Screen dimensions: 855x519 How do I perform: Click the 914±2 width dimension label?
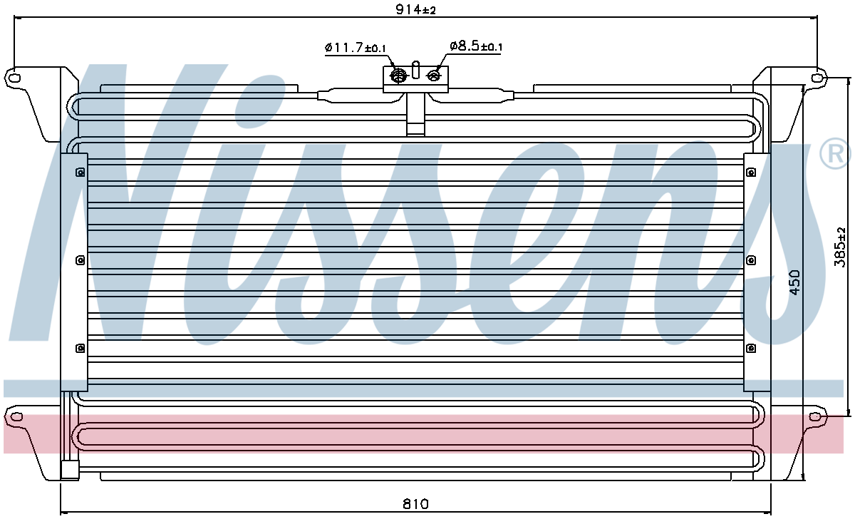415,9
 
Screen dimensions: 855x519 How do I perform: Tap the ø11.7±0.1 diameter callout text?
356,48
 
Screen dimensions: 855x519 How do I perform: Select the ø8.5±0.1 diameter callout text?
476,46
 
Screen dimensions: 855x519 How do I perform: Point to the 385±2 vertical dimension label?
840,247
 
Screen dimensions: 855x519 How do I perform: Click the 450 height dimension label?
794,282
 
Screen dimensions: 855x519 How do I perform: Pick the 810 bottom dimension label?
415,504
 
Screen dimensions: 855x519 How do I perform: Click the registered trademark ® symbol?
835,154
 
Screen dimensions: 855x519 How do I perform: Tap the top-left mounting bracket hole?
14,78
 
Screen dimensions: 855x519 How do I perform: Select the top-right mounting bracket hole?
816,78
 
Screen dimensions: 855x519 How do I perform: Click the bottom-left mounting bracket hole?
16,416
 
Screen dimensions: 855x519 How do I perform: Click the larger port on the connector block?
398,76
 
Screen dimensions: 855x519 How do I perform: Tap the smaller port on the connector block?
433,76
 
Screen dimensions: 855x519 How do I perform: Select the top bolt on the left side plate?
80,173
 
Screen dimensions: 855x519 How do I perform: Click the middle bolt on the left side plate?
80,260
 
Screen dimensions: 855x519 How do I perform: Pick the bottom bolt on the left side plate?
80,348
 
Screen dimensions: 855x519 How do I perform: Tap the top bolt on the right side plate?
751,173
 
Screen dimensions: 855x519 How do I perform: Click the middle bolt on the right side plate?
751,260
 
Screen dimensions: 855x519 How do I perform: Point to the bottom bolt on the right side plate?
751,348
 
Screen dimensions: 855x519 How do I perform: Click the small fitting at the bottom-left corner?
70,470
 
